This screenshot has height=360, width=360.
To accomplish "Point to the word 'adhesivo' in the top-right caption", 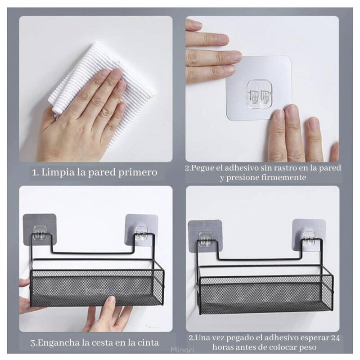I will point(240,168).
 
